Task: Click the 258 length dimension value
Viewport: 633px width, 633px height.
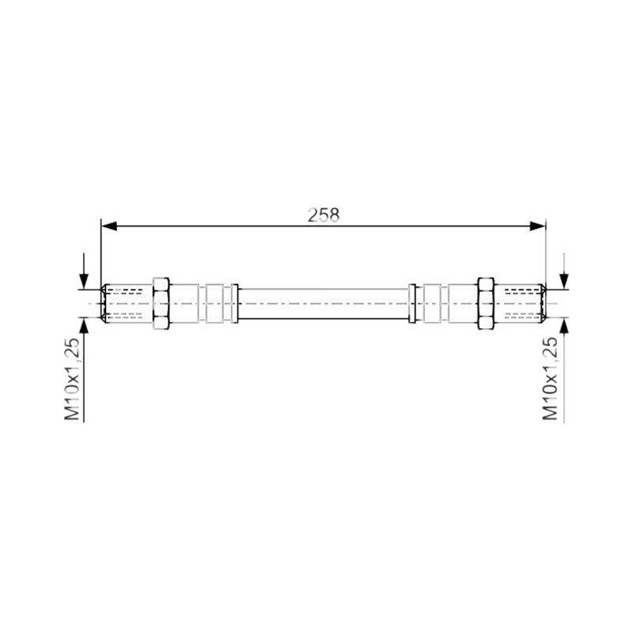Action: [x=324, y=215]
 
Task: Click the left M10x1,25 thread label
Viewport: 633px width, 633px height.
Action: [x=72, y=379]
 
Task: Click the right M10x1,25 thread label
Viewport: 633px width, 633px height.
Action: [x=550, y=379]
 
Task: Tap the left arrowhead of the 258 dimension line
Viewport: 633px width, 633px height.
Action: [x=109, y=226]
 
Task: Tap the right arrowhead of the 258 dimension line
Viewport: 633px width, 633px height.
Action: [x=537, y=226]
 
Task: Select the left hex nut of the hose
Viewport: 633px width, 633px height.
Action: [x=161, y=303]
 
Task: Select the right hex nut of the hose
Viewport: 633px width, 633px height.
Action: [x=486, y=303]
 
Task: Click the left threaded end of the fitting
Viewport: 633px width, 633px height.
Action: [x=127, y=303]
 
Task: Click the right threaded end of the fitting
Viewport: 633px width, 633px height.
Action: [x=520, y=303]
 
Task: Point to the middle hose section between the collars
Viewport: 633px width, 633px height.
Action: [x=323, y=304]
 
